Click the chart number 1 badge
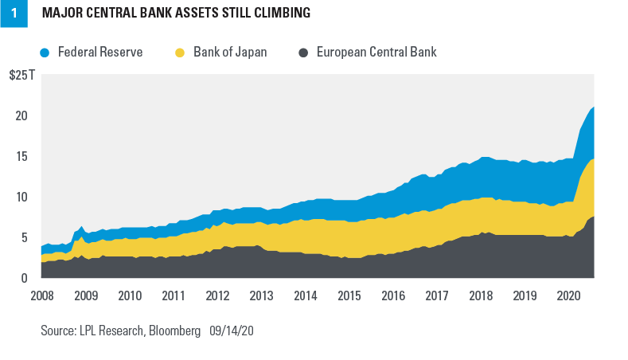[x=14, y=14]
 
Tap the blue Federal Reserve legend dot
[x=45, y=53]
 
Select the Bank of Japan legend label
[x=230, y=53]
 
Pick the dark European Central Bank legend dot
[x=304, y=53]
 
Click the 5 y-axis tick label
[x=27, y=237]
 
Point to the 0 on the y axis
[x=27, y=278]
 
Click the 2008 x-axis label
[x=41, y=296]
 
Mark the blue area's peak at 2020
[x=593, y=108]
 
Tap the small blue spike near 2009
[x=81, y=228]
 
